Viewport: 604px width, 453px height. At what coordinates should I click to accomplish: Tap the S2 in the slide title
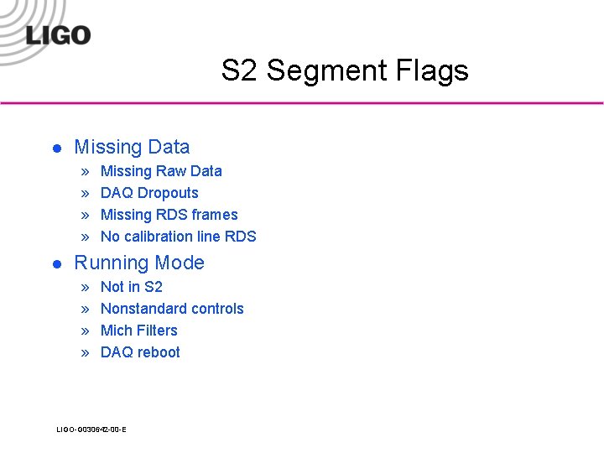tap(240, 70)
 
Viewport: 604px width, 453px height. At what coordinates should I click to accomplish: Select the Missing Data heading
tap(132, 147)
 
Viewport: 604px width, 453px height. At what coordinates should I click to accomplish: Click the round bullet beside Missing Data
tap(56, 148)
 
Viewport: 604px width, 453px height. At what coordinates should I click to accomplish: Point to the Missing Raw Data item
tap(161, 171)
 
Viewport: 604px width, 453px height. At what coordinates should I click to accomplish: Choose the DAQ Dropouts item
tap(149, 193)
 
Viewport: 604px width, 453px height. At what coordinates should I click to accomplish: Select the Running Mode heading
tap(139, 263)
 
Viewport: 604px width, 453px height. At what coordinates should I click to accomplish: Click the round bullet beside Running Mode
tap(56, 264)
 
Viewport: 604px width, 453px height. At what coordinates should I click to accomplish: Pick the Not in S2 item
tap(131, 287)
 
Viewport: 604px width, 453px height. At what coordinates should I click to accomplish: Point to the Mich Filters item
tap(138, 331)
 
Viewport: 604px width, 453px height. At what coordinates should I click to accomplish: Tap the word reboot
tap(159, 352)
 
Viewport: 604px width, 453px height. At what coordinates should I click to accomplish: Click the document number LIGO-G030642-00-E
tap(91, 430)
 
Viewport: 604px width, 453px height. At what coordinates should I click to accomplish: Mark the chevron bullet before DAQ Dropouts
tap(85, 194)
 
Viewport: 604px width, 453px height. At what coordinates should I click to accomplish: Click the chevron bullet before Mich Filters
tap(85, 331)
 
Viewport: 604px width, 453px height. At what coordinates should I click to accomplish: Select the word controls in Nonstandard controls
tap(215, 309)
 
